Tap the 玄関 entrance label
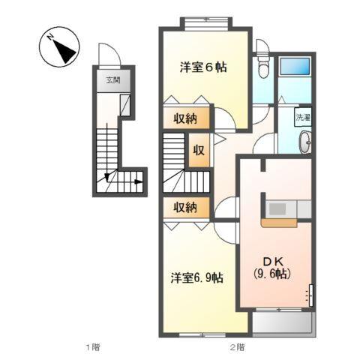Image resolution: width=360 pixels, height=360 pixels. [112, 80]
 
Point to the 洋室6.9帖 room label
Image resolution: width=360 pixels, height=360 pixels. [196, 278]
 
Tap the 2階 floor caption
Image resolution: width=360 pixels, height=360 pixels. [238, 347]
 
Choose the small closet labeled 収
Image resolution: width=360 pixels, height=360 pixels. [199, 149]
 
